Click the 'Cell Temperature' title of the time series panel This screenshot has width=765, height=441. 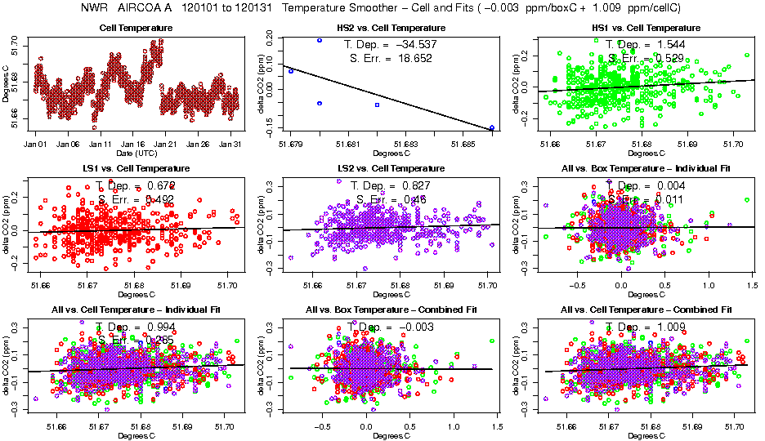(x=136, y=29)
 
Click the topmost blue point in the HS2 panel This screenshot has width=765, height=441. (x=319, y=40)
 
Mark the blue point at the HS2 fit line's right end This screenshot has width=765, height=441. (x=492, y=128)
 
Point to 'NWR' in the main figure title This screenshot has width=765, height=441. (x=96, y=8)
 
